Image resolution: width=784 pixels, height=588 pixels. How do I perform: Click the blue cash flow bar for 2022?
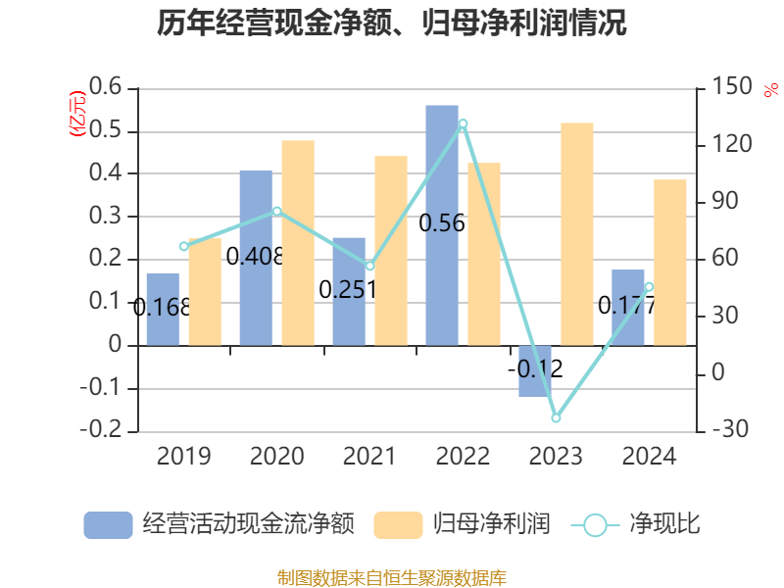point(442,224)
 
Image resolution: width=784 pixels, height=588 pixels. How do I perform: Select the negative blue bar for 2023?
point(535,371)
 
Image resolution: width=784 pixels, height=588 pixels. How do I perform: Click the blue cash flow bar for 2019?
point(163,309)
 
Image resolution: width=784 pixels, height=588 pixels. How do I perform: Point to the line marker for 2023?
point(556,417)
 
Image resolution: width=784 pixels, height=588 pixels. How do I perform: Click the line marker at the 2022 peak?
point(463,124)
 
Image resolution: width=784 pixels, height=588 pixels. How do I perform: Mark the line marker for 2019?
point(183,246)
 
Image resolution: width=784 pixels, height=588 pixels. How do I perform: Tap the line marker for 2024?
point(649,287)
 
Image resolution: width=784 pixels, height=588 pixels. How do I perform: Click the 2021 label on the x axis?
point(369,457)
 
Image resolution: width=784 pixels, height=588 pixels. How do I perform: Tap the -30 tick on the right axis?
point(724,430)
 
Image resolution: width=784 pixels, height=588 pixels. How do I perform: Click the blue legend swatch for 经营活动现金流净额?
point(108,524)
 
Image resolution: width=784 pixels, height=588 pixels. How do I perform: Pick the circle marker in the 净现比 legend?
point(595,524)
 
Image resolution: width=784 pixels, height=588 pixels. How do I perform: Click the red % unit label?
point(770,90)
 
